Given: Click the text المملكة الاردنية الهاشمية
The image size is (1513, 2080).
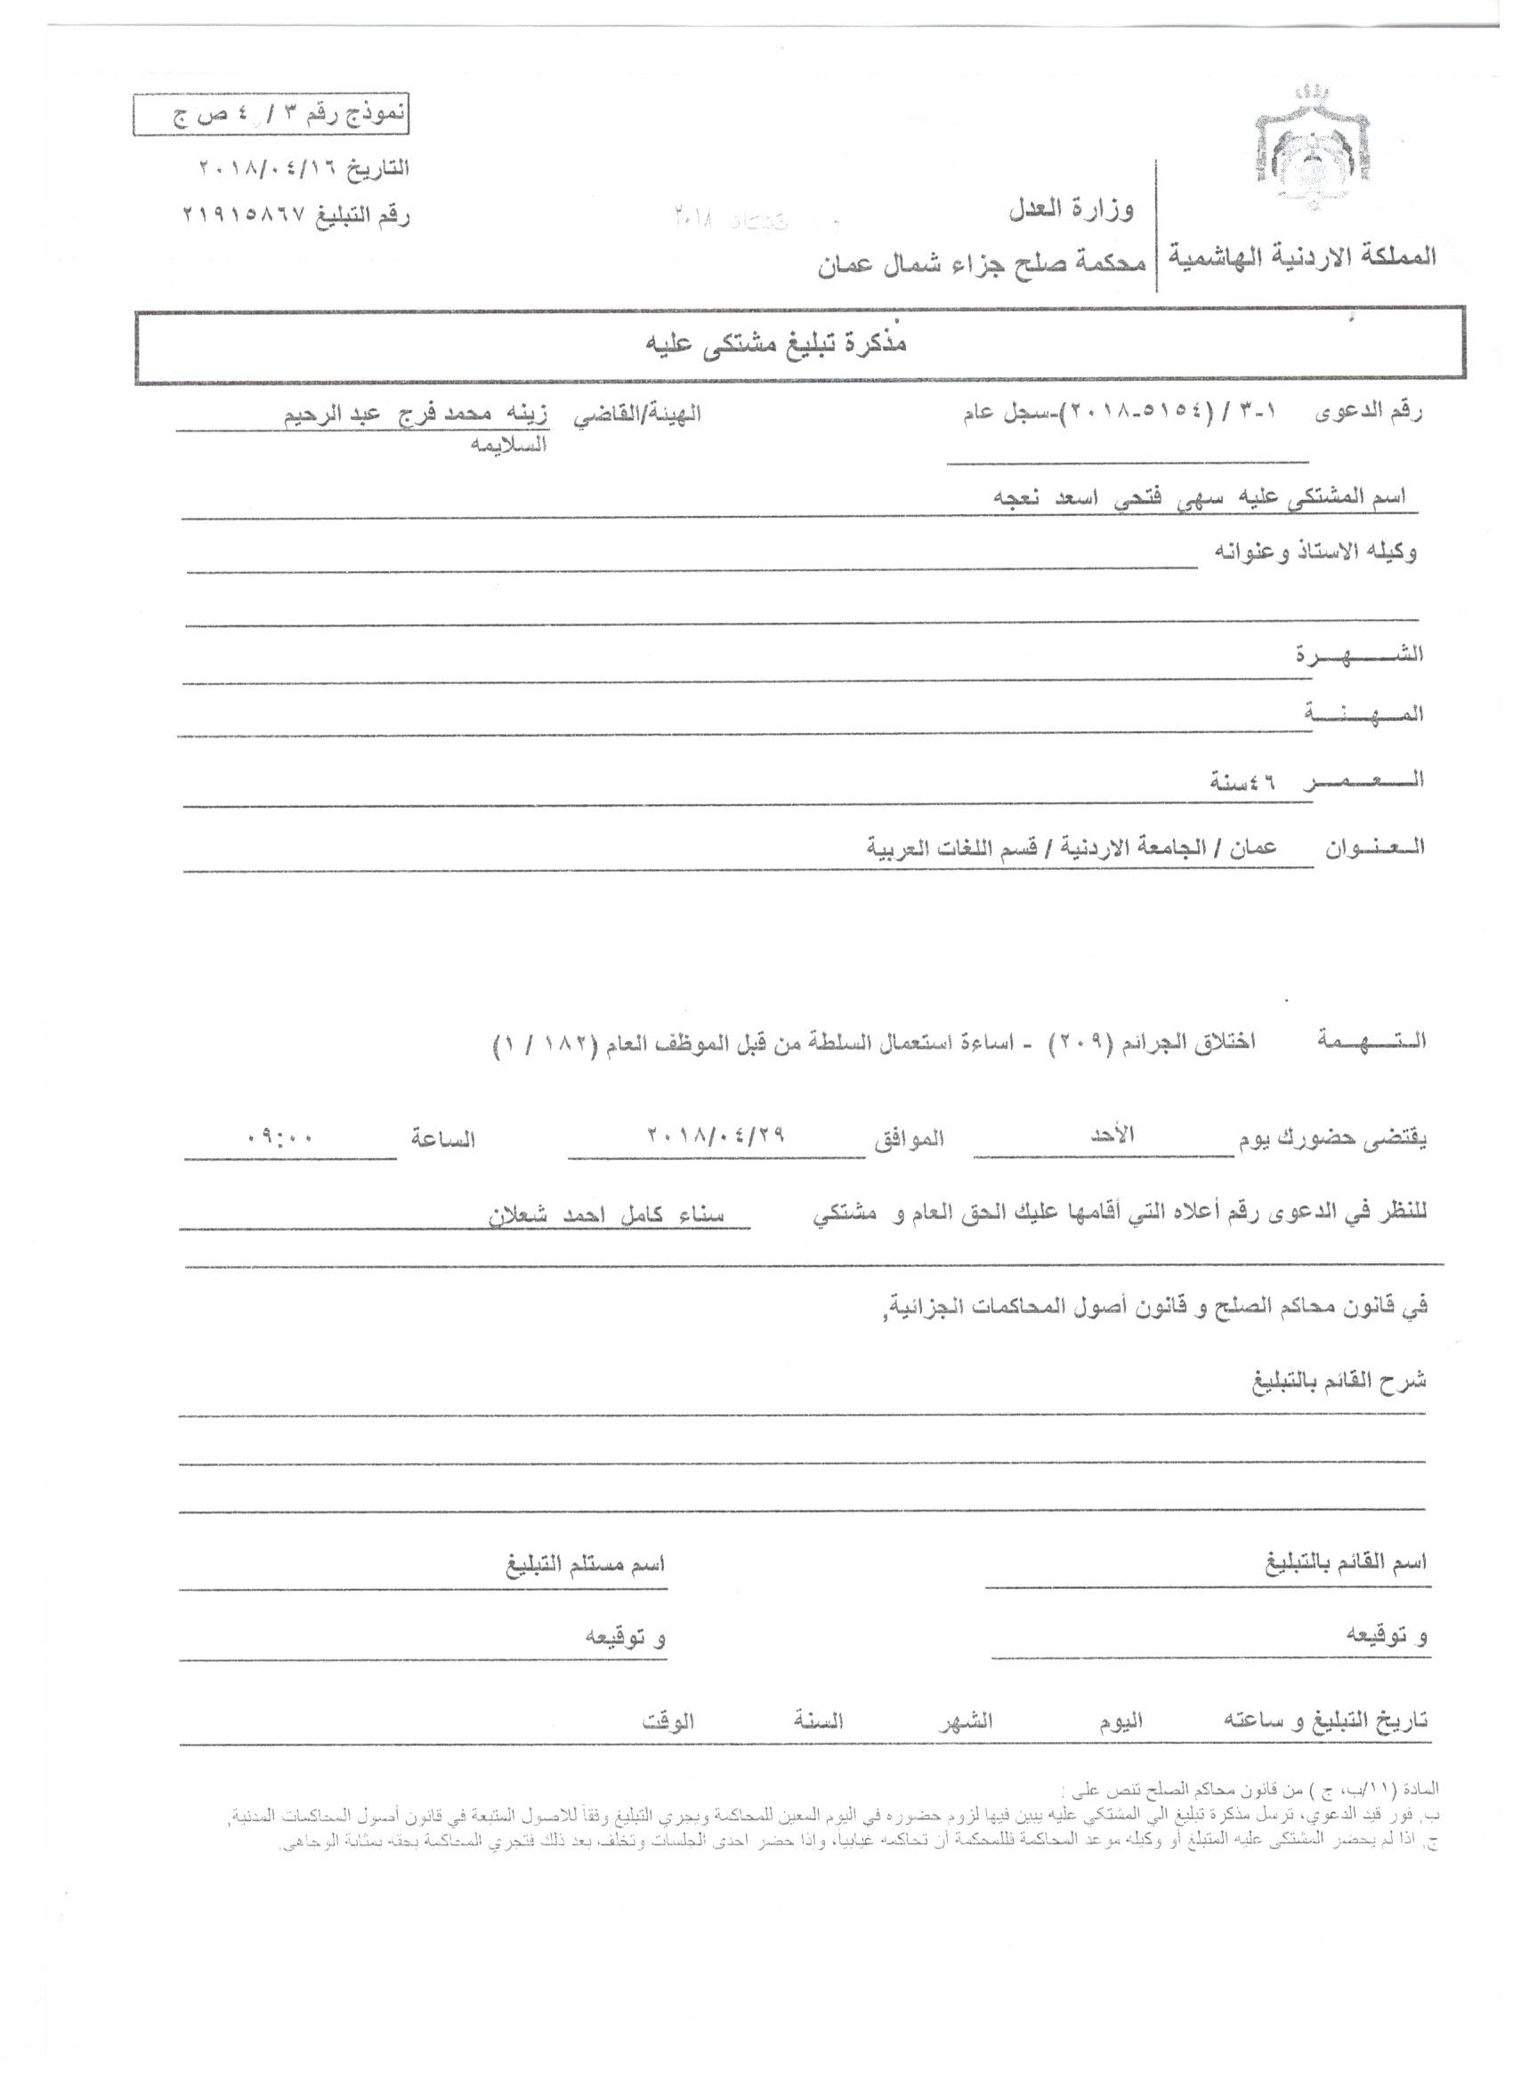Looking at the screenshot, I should click(1302, 257).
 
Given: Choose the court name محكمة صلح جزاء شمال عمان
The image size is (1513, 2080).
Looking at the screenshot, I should click(982, 265).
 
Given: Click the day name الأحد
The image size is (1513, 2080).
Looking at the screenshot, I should click(1112, 1134).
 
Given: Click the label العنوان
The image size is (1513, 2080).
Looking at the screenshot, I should click(1373, 846).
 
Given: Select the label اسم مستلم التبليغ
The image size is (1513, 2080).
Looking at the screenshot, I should click(586, 1564).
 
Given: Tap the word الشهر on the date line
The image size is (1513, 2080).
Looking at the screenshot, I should click(966, 1721).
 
